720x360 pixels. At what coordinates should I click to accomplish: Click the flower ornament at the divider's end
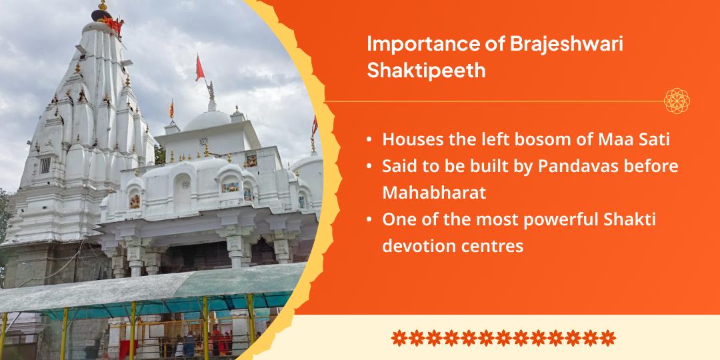click(677, 101)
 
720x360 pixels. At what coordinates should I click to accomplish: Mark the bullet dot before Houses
click(369, 141)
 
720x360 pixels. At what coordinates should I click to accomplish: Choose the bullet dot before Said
click(369, 167)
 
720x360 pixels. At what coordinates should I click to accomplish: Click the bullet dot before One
click(369, 220)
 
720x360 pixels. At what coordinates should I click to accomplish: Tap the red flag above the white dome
click(199, 67)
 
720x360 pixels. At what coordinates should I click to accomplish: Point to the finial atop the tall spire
click(102, 8)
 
